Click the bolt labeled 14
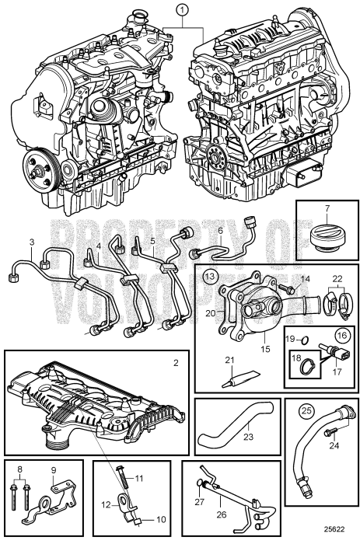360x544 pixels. pyautogui.click(x=286, y=288)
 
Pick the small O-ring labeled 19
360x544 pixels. pyautogui.click(x=304, y=341)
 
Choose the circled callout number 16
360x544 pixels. pyautogui.click(x=341, y=335)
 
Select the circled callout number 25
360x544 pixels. pyautogui.click(x=306, y=411)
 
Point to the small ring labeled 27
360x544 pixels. pyautogui.click(x=200, y=483)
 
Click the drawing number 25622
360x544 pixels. pyautogui.click(x=334, y=529)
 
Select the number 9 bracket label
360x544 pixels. pyautogui.click(x=53, y=470)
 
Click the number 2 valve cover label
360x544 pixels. pyautogui.click(x=176, y=363)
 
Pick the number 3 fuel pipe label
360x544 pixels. pyautogui.click(x=32, y=242)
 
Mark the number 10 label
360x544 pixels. pyautogui.click(x=161, y=519)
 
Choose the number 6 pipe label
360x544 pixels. pyautogui.click(x=221, y=230)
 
